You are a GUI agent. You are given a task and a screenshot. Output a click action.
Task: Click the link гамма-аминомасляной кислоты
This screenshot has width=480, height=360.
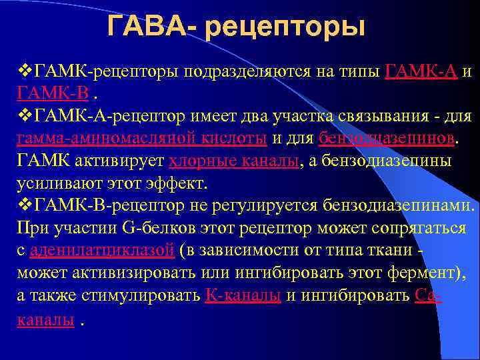[x=141, y=138]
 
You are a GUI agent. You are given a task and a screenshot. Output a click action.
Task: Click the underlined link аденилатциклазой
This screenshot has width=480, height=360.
[x=103, y=251]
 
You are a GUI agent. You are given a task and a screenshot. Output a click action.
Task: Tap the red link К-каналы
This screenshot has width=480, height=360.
[x=243, y=296]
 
